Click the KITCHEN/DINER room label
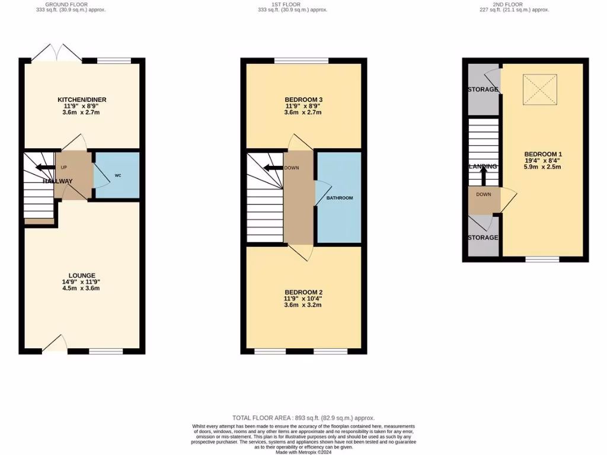pyautogui.click(x=82, y=100)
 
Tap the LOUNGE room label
pyautogui.click(x=82, y=275)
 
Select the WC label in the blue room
pyautogui.click(x=118, y=176)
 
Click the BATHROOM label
pyautogui.click(x=340, y=198)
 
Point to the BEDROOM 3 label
pyautogui.click(x=303, y=100)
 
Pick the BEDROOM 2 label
pyautogui.click(x=303, y=293)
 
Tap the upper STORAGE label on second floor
pyautogui.click(x=483, y=90)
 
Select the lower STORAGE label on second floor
pyautogui.click(x=483, y=238)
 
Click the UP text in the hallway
pyautogui.click(x=64, y=168)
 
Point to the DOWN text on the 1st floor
pyautogui.click(x=292, y=168)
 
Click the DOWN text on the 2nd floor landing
pyautogui.click(x=483, y=194)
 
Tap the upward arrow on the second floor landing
pyautogui.click(x=483, y=175)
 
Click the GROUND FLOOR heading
pyautogui.click(x=70, y=4)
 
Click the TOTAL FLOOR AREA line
pyautogui.click(x=303, y=418)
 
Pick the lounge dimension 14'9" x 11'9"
pyautogui.click(x=82, y=283)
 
